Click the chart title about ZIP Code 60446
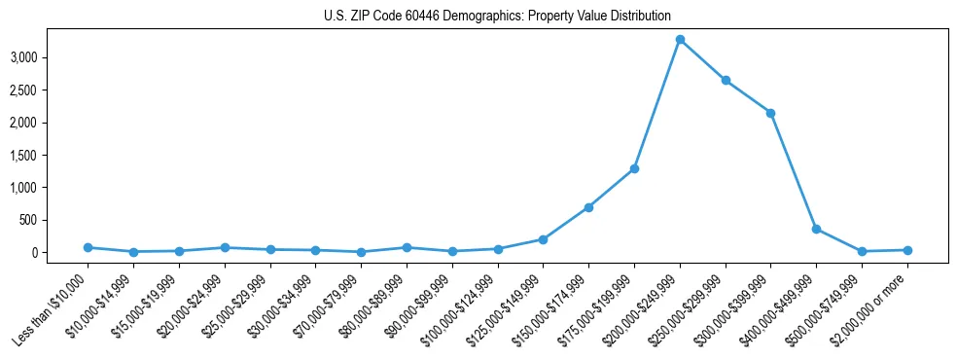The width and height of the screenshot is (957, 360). (x=497, y=16)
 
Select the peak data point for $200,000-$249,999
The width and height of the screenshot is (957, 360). (x=680, y=40)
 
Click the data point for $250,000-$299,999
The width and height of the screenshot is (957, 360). (x=726, y=81)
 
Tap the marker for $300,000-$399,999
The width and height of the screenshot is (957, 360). (x=770, y=113)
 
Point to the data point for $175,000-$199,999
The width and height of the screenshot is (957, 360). (x=634, y=168)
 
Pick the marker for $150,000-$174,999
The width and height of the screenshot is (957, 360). (x=588, y=207)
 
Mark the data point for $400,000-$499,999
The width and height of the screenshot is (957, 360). (x=816, y=229)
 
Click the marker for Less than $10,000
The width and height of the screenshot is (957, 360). (x=88, y=247)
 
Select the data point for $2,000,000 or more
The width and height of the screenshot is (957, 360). (x=907, y=250)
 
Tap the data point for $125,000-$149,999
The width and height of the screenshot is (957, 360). (x=543, y=239)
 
